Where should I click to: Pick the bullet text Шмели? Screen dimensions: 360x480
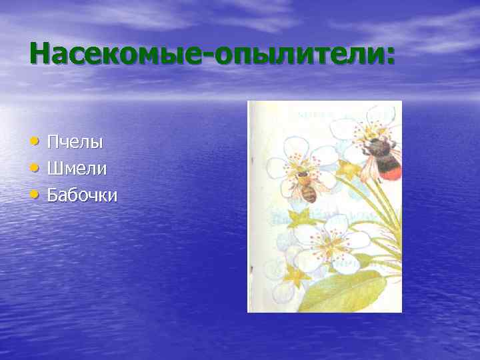tap(77, 169)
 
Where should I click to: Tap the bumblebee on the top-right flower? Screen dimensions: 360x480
tap(381, 157)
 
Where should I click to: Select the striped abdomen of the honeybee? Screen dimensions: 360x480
tap(309, 194)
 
